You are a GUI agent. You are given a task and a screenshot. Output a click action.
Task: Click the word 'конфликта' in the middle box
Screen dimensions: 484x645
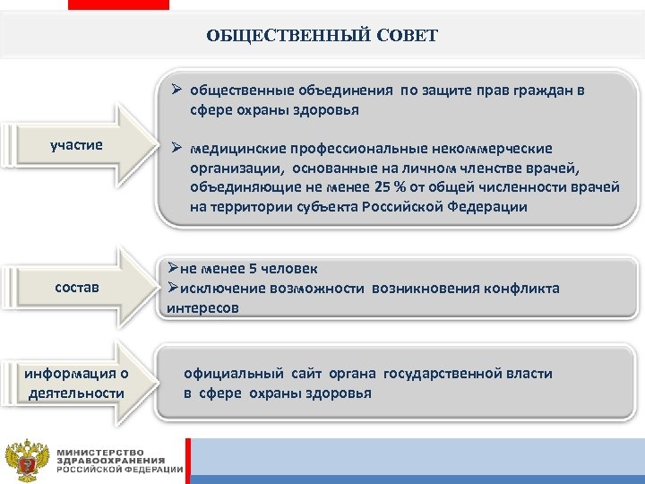click(522, 288)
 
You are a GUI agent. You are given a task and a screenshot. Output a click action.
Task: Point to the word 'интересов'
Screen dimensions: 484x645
click(202, 307)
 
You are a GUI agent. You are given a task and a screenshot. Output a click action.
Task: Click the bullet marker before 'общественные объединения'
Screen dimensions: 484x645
click(177, 91)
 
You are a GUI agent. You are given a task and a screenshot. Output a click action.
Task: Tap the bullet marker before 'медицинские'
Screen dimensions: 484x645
click(177, 147)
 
